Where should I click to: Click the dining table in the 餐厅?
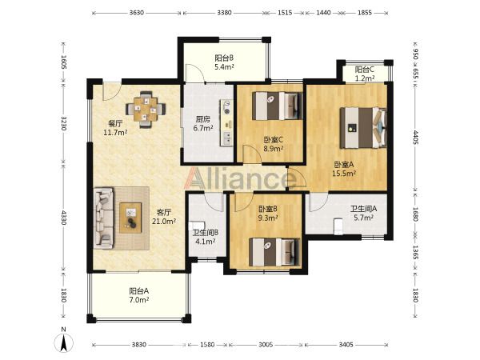click(146, 109)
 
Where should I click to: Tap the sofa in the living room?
click(103, 218)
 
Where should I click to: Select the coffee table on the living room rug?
click(130, 218)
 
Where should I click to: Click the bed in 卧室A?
click(363, 127)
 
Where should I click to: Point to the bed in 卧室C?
click(277, 106)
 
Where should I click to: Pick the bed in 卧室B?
click(274, 252)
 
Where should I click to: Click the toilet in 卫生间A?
click(338, 226)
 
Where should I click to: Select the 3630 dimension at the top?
click(137, 13)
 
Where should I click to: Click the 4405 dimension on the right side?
click(416, 137)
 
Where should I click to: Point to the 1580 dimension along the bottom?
click(207, 345)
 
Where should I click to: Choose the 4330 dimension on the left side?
click(64, 217)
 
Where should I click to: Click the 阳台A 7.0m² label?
click(139, 295)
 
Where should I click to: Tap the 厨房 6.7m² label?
click(203, 123)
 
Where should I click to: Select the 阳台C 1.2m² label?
click(365, 74)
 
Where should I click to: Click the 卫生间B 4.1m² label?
click(206, 237)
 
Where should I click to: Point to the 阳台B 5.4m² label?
click(224, 62)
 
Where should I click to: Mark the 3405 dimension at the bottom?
click(346, 345)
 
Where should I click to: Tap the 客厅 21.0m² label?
click(164, 217)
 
